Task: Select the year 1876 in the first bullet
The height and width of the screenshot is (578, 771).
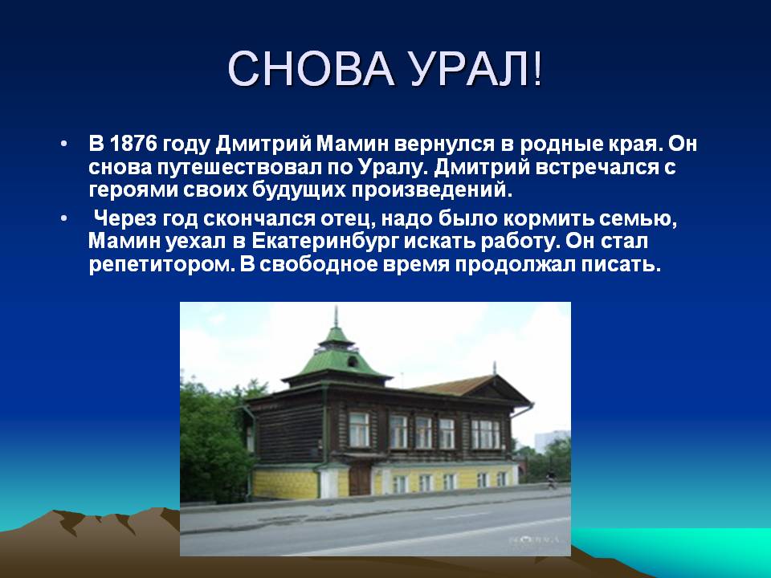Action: (133, 144)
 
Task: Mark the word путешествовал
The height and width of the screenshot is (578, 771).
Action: (239, 168)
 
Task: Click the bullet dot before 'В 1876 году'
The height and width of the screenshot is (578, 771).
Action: (63, 144)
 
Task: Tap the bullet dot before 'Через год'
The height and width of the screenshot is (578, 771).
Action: (63, 218)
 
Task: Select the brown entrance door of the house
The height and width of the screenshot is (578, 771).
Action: (360, 478)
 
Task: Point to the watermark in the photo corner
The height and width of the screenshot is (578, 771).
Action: (535, 539)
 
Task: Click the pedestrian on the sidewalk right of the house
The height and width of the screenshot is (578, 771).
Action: (551, 478)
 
